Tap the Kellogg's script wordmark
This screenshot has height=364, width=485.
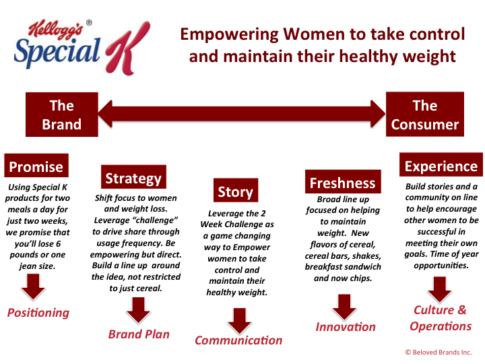[56, 30]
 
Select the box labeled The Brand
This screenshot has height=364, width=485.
[62, 115]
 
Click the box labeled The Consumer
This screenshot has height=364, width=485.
[424, 114]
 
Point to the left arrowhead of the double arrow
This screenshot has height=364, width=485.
[105, 114]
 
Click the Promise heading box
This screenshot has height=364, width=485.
[36, 166]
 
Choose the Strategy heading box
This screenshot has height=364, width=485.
[133, 177]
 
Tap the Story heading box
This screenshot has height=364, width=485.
[236, 190]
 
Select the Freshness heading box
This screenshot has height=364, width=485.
[343, 182]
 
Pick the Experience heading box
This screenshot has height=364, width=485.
[441, 165]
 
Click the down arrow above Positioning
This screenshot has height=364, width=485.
[33, 287]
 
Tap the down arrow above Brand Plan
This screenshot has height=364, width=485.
[138, 310]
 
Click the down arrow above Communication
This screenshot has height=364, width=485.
[239, 321]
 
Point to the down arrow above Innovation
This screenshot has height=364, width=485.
[344, 307]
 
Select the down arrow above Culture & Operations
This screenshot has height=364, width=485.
[439, 289]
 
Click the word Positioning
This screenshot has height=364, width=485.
[38, 313]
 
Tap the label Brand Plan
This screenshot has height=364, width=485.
[139, 334]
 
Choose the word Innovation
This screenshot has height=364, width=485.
[346, 327]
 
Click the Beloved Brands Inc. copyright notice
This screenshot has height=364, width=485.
[439, 353]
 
